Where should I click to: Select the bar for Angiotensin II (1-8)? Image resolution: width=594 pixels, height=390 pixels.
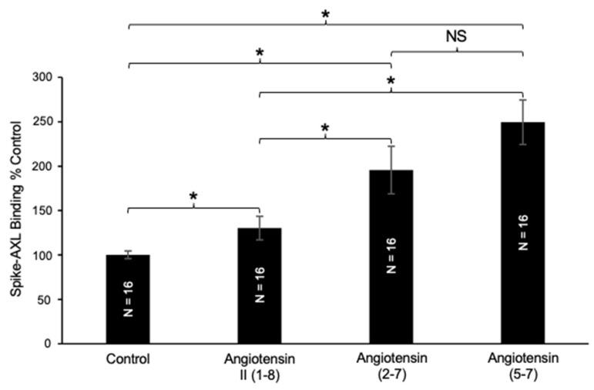tap(260, 286)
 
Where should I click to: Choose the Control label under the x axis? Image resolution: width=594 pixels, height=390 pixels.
tap(128, 359)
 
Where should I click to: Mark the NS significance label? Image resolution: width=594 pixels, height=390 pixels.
tap(457, 35)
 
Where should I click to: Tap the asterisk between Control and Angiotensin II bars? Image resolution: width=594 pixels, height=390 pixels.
tap(193, 197)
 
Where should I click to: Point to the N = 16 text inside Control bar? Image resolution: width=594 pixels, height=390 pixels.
tap(128, 301)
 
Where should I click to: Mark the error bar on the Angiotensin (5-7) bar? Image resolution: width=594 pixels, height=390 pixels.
tap(522, 122)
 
